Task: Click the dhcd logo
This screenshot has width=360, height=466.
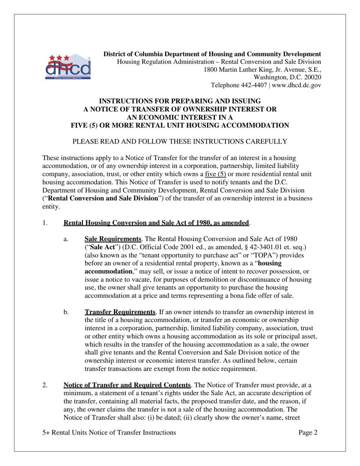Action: tap(69, 66)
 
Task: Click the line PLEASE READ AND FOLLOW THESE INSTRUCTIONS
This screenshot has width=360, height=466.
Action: tap(180, 142)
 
